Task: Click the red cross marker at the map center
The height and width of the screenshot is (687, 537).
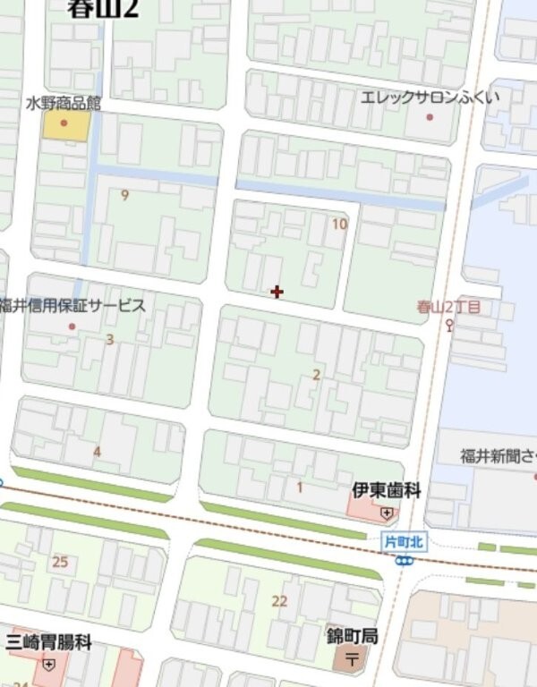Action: click(x=277, y=292)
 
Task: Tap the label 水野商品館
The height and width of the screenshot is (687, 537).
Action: click(x=63, y=104)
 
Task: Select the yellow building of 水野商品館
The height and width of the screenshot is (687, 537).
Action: click(x=66, y=126)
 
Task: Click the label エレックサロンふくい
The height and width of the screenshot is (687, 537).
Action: click(x=430, y=97)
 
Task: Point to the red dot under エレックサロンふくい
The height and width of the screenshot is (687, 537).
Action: click(x=430, y=116)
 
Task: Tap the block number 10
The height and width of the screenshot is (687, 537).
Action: click(x=338, y=224)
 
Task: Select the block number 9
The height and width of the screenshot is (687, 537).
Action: click(x=124, y=195)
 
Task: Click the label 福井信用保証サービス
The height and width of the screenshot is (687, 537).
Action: click(x=72, y=306)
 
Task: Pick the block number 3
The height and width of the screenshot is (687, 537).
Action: click(x=110, y=339)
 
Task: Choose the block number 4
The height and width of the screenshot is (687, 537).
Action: click(x=98, y=452)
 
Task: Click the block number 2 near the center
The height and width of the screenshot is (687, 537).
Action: click(x=316, y=375)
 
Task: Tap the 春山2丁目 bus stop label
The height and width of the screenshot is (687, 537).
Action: click(x=448, y=307)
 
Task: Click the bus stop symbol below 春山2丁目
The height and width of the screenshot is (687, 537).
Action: click(x=449, y=325)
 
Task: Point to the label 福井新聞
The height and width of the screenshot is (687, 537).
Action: click(x=498, y=456)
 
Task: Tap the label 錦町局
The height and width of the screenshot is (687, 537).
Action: click(x=352, y=636)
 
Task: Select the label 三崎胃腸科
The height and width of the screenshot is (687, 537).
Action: click(x=48, y=641)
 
